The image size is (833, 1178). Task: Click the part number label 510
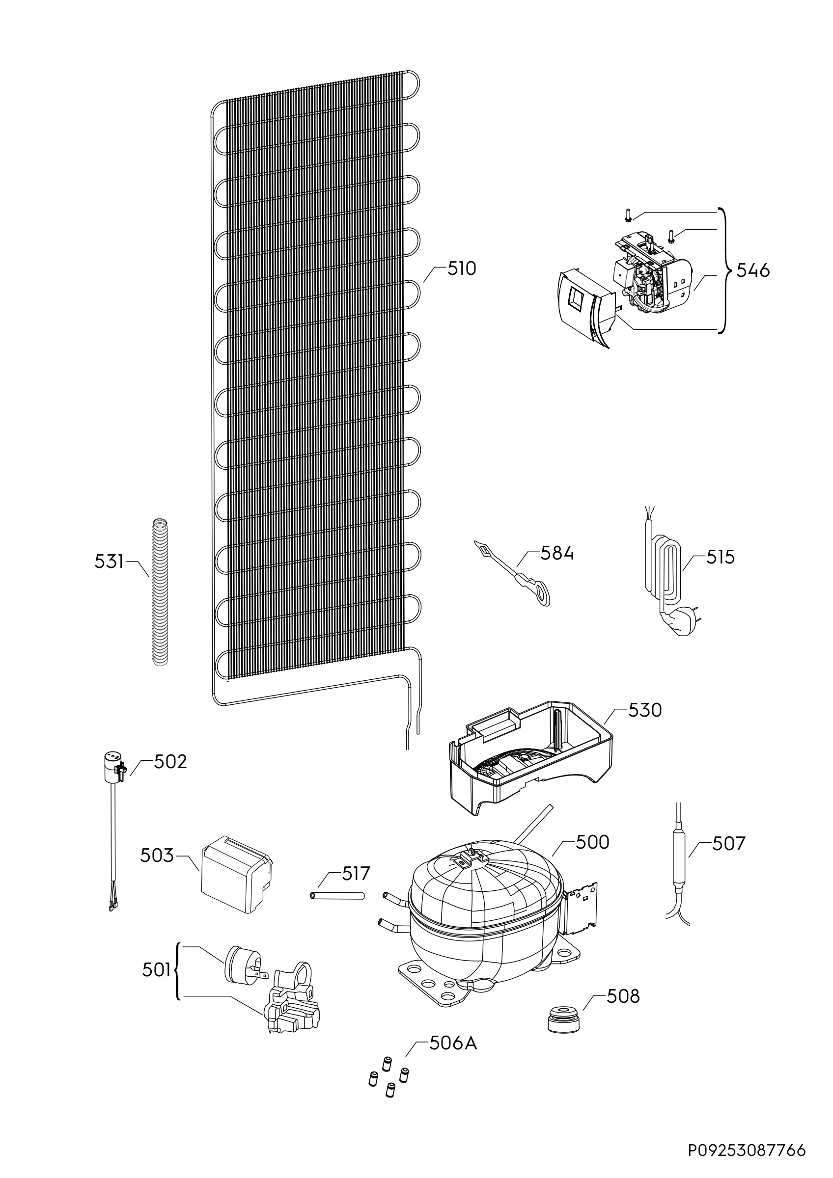click(x=461, y=268)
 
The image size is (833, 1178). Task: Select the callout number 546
click(x=753, y=270)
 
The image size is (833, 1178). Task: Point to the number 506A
click(x=453, y=1043)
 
